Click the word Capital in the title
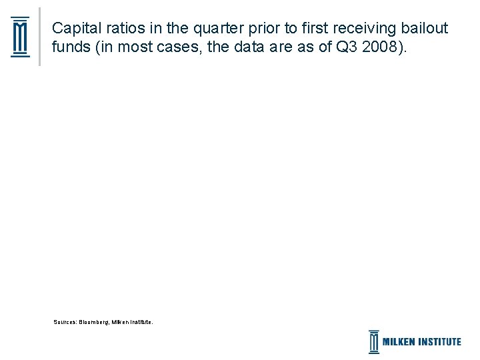tap(73, 29)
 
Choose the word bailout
tap(425, 29)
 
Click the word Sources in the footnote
tap(65, 322)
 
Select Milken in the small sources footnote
tap(120, 322)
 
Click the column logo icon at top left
tap(21, 37)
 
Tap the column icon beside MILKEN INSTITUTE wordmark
tap(374, 341)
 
